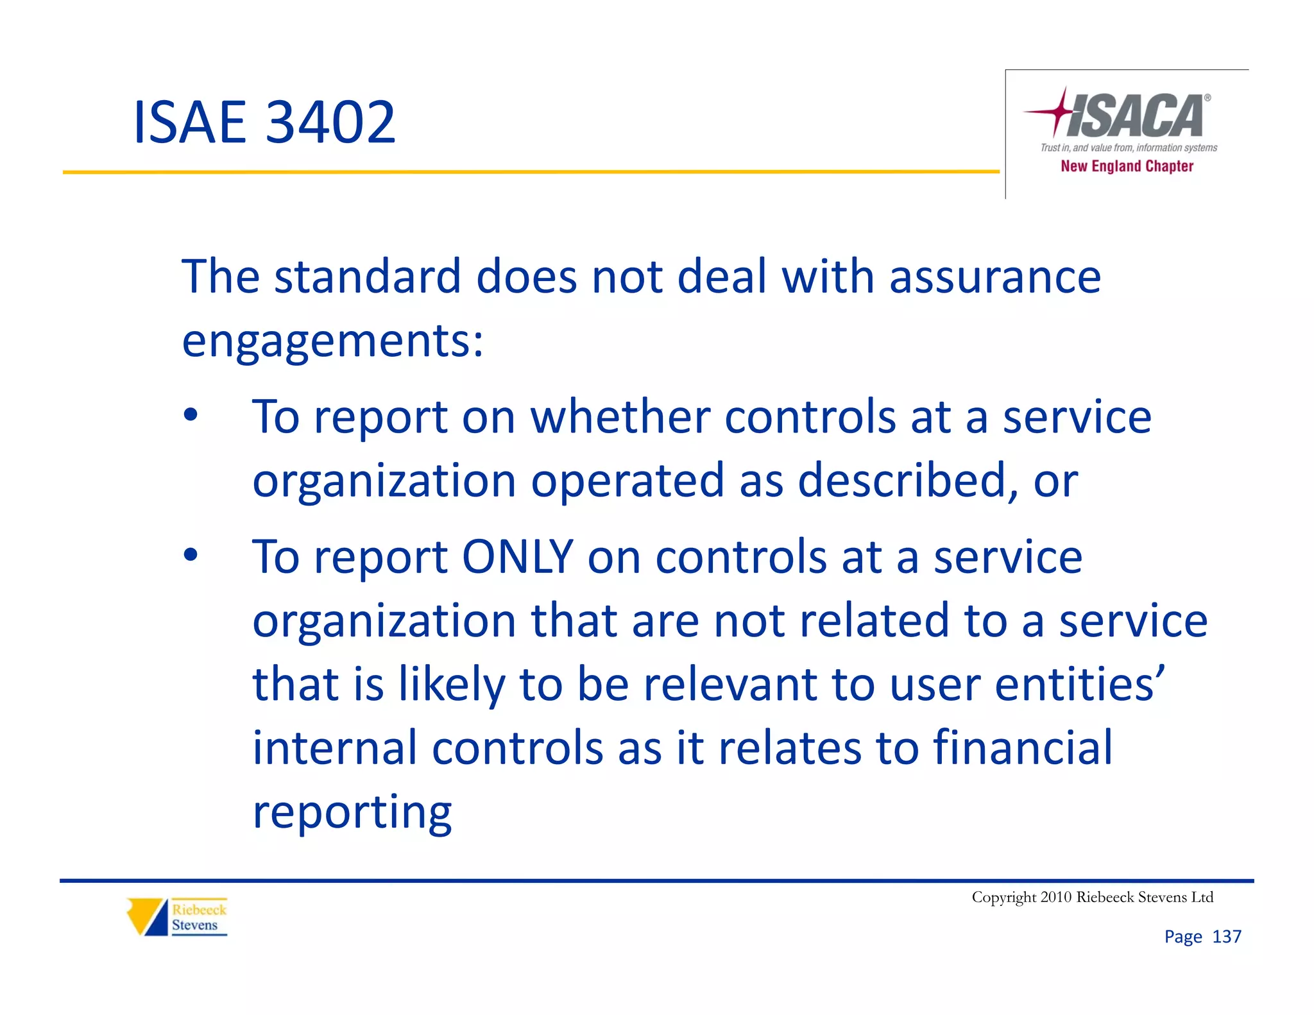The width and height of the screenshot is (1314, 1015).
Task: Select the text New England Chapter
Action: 1127,166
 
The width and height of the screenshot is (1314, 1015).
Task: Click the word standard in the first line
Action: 368,277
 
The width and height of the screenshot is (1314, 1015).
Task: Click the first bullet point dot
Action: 191,415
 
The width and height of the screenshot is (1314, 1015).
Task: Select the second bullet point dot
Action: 191,555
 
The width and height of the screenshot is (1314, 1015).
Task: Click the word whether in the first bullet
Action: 620,417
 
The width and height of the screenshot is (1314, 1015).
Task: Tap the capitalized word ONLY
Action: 517,556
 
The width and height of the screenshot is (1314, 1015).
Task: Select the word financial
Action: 1022,747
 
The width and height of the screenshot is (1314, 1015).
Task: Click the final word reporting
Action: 352,812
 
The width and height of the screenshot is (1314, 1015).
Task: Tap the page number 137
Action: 1226,937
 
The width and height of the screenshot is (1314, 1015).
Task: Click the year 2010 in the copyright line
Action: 1055,897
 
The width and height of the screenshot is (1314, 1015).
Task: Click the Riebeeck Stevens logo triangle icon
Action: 148,916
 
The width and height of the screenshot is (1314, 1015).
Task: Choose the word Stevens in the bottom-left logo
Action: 194,925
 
